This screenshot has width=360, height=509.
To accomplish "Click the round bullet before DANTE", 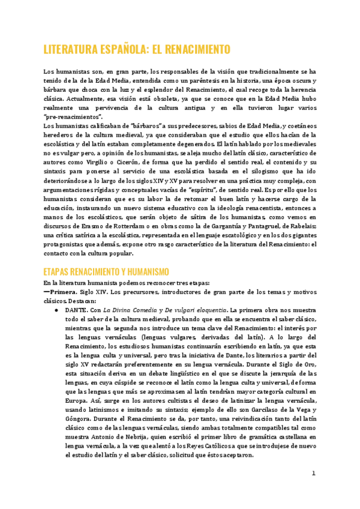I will coord(56,311).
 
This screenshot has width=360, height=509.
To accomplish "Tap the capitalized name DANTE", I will coord(76,311).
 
